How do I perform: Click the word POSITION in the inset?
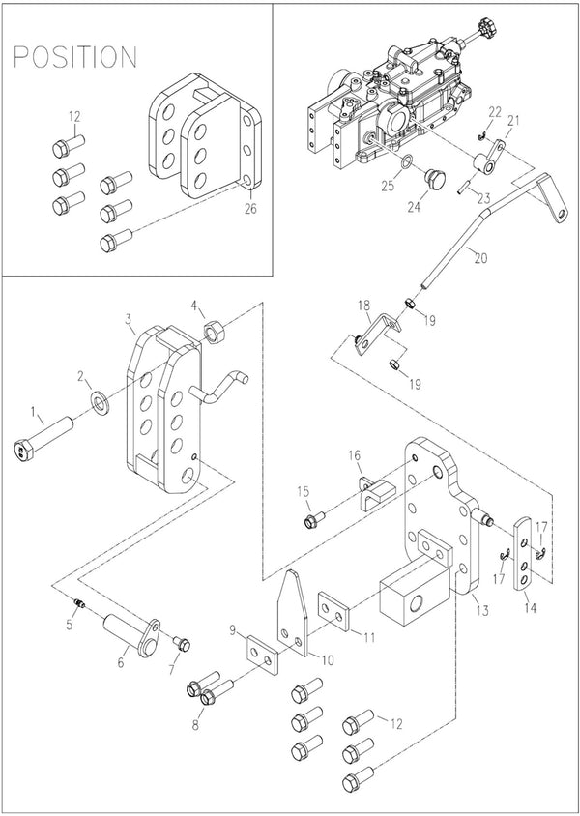click(74, 57)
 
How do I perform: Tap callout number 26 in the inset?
click(250, 209)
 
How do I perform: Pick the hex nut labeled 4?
click(214, 331)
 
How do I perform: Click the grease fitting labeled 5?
click(80, 604)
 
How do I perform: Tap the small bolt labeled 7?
click(182, 645)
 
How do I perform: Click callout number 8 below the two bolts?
click(195, 725)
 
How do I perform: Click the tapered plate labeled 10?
click(292, 613)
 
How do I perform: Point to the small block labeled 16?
click(377, 492)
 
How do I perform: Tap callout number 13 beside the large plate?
click(482, 610)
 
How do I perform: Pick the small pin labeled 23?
click(463, 187)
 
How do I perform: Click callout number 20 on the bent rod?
click(481, 257)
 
